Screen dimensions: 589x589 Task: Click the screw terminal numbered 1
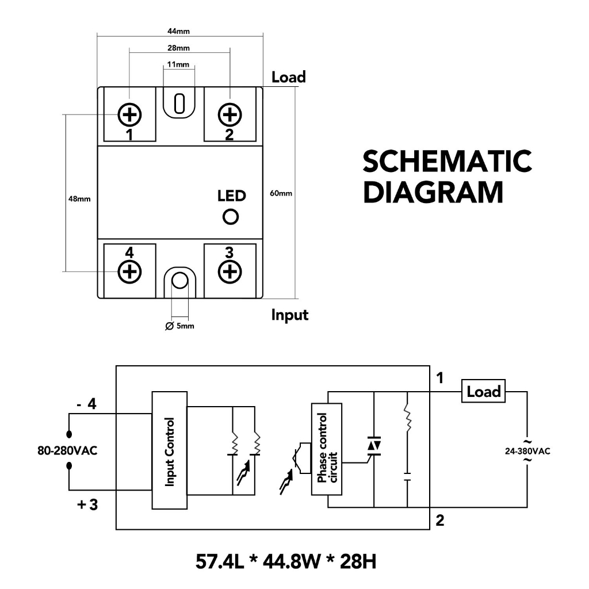(x=130, y=115)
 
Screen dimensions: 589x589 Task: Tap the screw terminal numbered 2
(x=230, y=115)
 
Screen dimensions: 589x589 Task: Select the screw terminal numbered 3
(x=230, y=270)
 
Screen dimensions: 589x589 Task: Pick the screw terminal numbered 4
(x=130, y=270)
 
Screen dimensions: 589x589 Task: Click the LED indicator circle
(x=231, y=217)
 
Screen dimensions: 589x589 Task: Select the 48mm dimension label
(x=79, y=199)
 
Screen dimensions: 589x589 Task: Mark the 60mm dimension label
(x=281, y=193)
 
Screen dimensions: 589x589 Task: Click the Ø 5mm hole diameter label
(x=179, y=326)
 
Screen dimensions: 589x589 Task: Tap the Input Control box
(x=170, y=450)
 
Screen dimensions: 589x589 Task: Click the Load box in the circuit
(x=483, y=392)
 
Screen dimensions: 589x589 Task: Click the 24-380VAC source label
(x=527, y=451)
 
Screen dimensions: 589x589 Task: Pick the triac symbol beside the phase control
(x=374, y=446)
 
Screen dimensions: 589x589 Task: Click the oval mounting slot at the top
(x=179, y=104)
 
